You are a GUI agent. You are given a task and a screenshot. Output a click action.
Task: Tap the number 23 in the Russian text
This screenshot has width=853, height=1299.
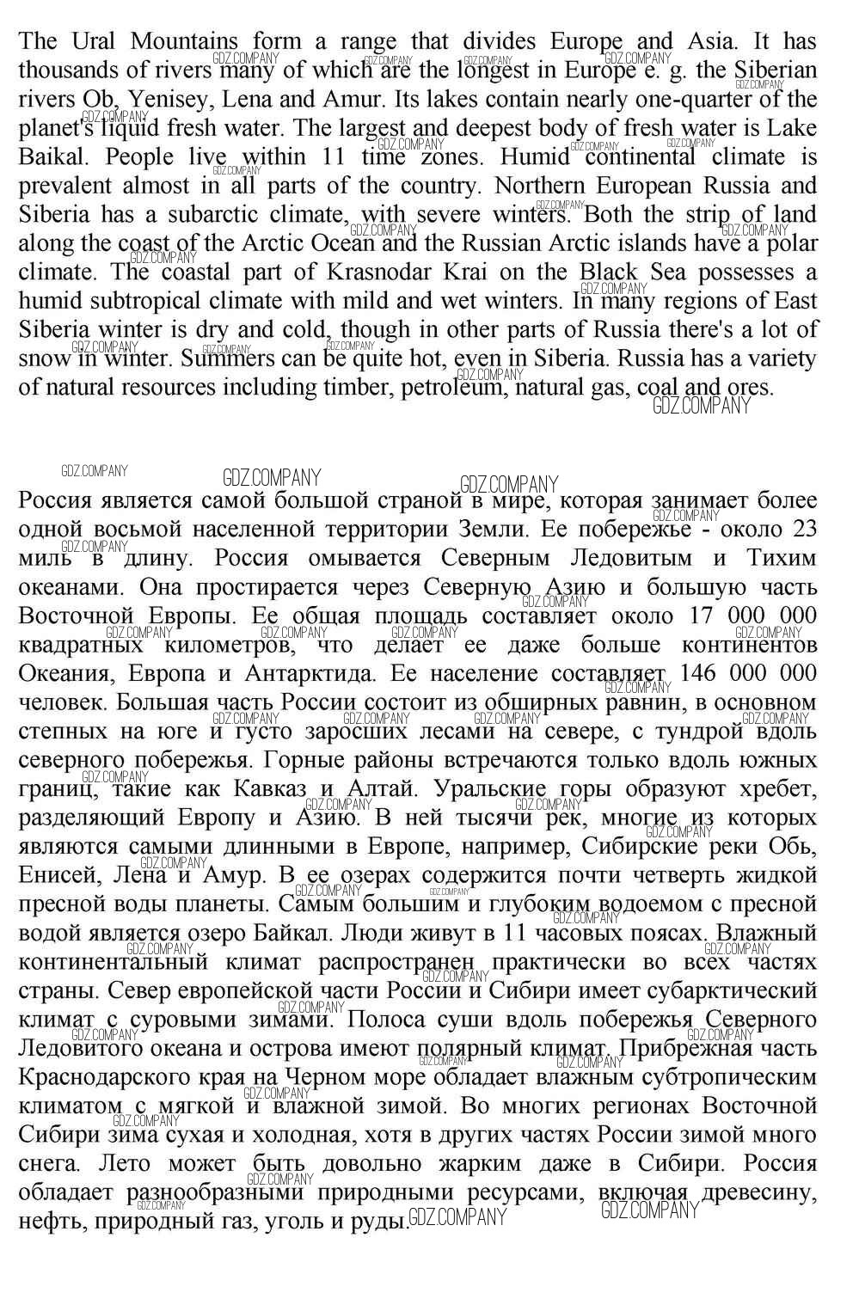click(x=802, y=529)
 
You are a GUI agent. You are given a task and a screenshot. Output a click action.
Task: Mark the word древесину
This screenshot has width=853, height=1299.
click(x=759, y=1192)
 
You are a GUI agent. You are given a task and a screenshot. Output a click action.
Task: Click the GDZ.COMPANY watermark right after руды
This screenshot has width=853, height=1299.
click(x=457, y=1217)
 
